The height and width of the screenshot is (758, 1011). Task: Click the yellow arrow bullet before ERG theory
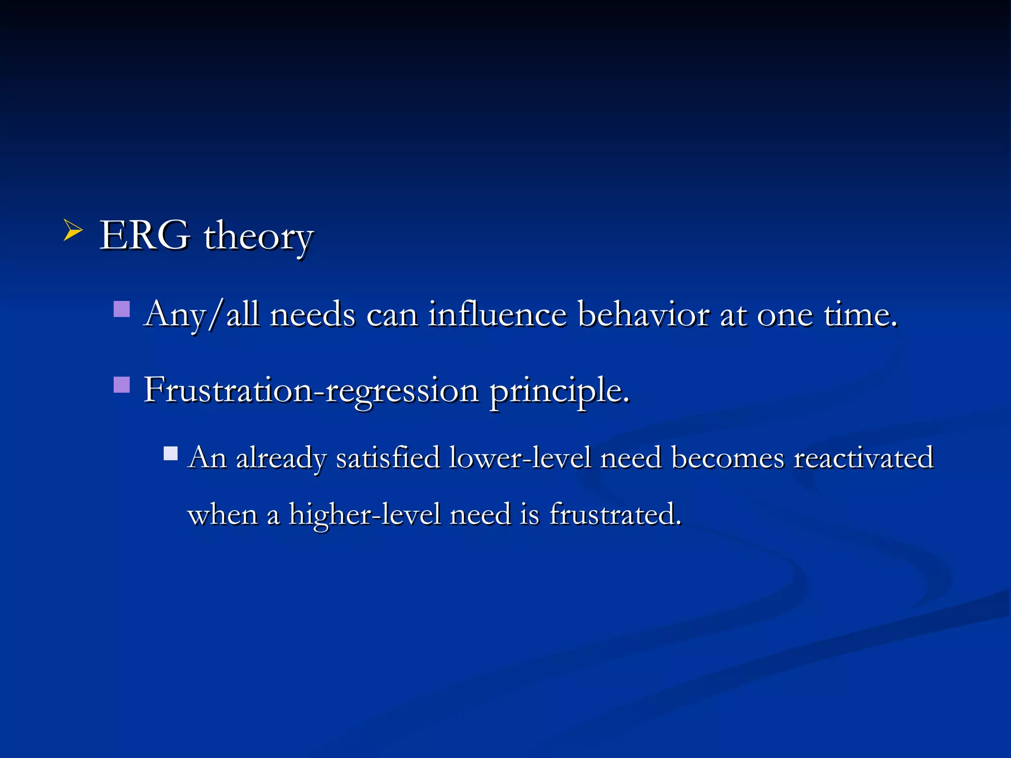pos(73,231)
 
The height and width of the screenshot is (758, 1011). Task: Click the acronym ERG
pos(144,235)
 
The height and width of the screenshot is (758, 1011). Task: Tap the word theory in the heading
pos(258,237)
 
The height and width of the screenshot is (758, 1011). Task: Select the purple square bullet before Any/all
pos(121,309)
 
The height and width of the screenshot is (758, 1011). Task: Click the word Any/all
pos(201,314)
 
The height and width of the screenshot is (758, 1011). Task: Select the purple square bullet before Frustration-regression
pos(121,384)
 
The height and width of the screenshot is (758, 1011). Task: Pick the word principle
pos(559,391)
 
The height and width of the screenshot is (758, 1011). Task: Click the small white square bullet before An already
pos(171,454)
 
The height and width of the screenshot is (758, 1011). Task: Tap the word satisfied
pos(388,458)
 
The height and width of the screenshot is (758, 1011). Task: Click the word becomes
pos(727,458)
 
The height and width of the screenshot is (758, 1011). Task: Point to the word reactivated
pos(863,458)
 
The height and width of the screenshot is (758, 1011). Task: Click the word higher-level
pos(364,515)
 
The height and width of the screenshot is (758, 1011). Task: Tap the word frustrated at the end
pos(615,515)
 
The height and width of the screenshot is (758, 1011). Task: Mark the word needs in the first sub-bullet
pos(312,314)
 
